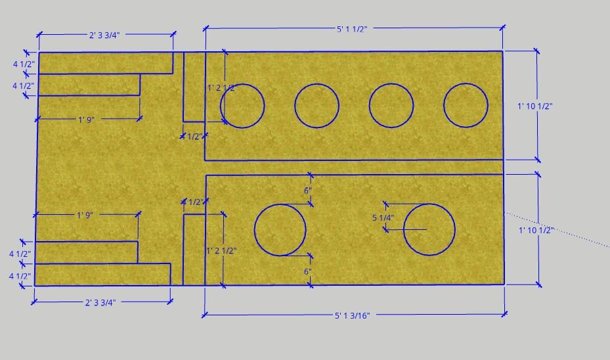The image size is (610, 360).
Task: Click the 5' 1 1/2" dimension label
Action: (352, 29)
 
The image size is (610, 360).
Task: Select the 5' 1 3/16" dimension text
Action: (352, 315)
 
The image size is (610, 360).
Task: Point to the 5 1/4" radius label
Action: (383, 218)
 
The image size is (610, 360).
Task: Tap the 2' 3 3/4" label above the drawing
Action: (104, 35)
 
